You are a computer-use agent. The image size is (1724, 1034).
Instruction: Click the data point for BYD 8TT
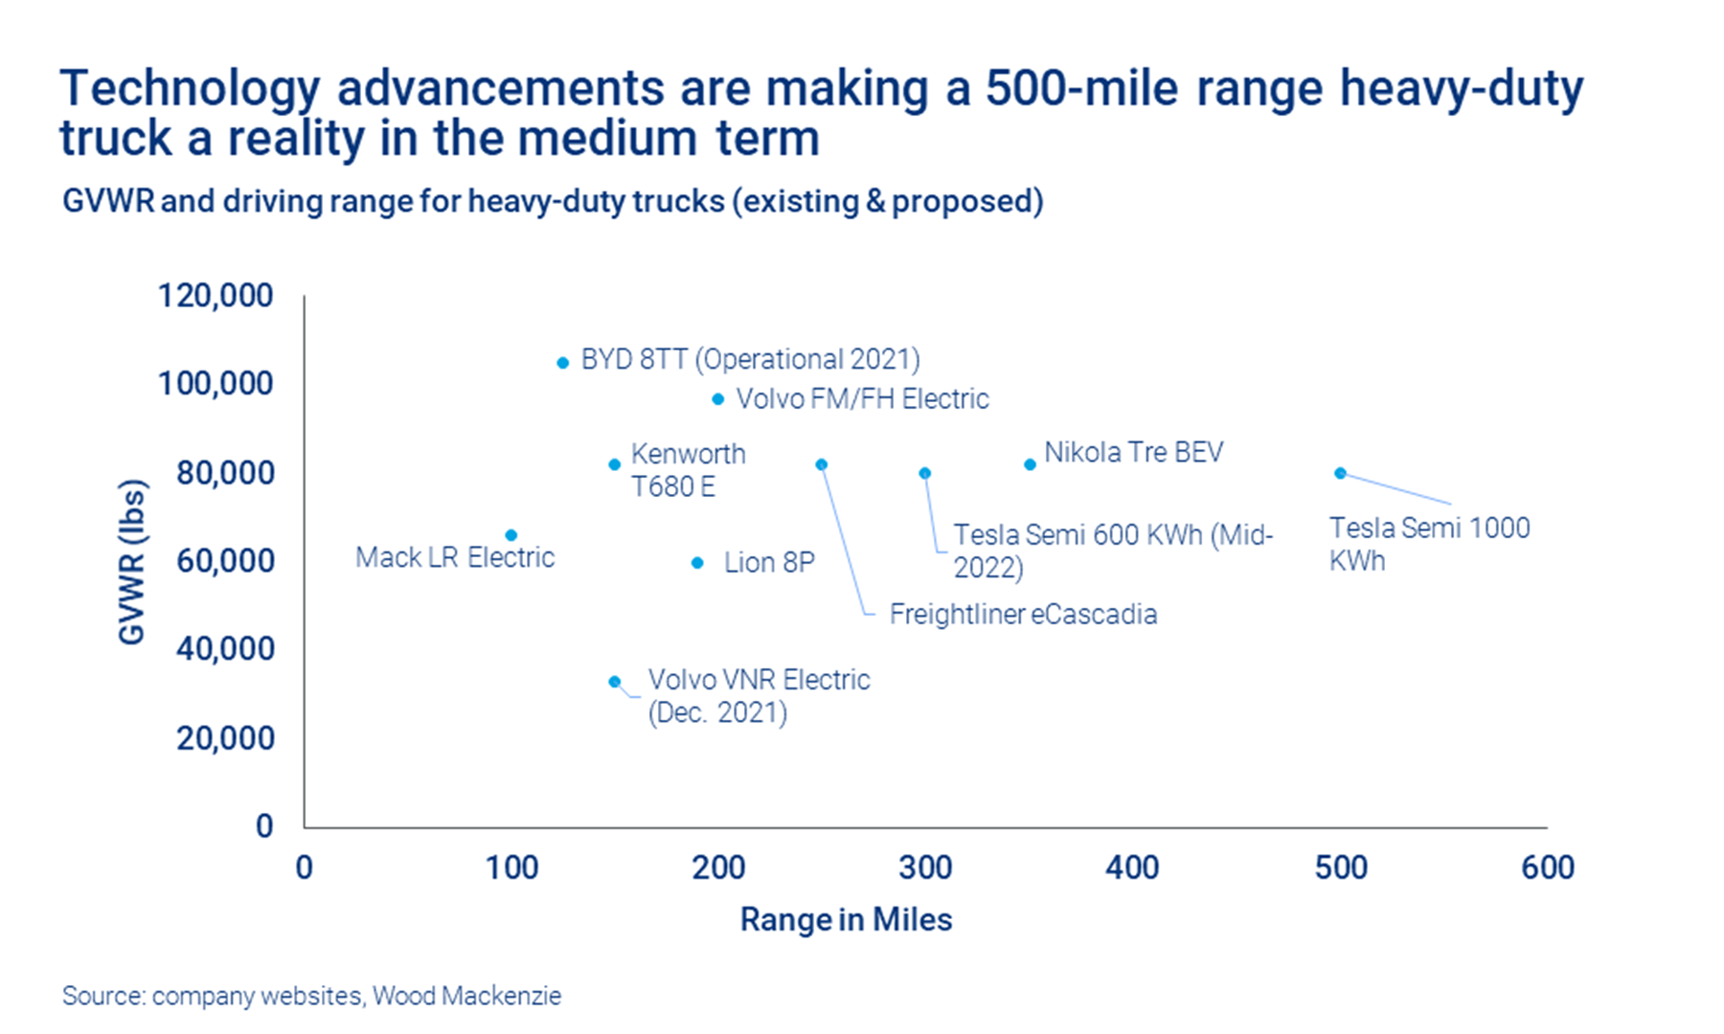tap(562, 363)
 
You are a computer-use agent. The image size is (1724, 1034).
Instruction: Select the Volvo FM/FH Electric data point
tap(718, 398)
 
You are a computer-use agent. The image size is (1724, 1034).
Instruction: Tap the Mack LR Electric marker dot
tap(511, 535)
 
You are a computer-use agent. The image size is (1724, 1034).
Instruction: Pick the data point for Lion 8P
tap(697, 563)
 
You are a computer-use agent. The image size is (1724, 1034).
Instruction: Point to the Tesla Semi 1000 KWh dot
tap(1341, 473)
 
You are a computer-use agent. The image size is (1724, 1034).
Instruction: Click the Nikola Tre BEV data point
tap(1030, 464)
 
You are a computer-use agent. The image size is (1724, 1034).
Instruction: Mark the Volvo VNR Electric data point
tap(615, 682)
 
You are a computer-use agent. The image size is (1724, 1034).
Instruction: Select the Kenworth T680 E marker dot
tap(615, 464)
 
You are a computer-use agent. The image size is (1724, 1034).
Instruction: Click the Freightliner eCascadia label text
tap(1023, 614)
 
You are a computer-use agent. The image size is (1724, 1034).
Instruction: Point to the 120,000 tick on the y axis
tap(215, 295)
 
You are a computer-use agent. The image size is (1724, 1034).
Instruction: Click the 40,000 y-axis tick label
tap(225, 649)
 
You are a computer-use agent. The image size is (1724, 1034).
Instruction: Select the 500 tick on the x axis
tap(1340, 867)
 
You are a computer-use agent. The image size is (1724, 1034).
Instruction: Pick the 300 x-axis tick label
tap(925, 867)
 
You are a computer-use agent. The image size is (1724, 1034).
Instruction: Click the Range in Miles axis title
tap(846, 919)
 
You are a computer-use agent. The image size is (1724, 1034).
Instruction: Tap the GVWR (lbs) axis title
tap(132, 561)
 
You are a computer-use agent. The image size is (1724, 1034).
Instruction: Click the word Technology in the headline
tap(189, 89)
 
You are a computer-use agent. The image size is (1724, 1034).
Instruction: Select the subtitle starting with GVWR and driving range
tap(553, 201)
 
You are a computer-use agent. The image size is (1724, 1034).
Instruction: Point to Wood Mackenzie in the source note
tap(466, 996)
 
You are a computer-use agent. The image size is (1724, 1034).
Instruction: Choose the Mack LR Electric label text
tap(455, 557)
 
